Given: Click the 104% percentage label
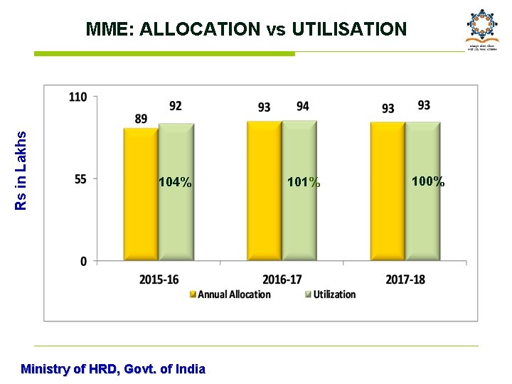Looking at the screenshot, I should (x=175, y=183).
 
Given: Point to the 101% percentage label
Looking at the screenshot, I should (x=304, y=183).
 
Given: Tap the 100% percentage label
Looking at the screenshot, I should (x=428, y=181).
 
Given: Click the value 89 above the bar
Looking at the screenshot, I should (x=141, y=119).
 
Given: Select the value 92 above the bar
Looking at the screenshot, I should (x=175, y=106).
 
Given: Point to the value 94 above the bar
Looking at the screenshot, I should (x=302, y=106).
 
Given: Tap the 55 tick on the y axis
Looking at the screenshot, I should (x=81, y=179).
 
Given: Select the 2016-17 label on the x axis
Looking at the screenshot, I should (x=282, y=279).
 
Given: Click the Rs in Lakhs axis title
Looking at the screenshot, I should (x=21, y=170).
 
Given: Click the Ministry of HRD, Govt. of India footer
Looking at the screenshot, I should (x=113, y=369).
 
